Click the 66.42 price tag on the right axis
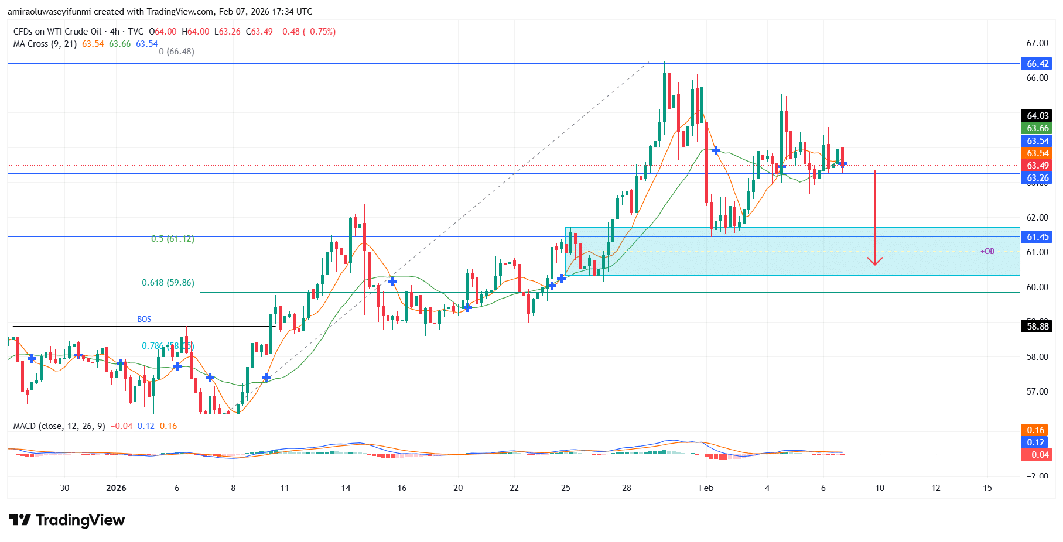tap(1037, 63)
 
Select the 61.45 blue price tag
tap(1037, 236)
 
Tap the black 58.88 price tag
tap(1037, 326)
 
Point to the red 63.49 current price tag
tap(1037, 166)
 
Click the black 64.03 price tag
tap(1037, 115)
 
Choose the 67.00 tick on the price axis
tap(1037, 43)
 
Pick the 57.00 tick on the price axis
tap(1037, 391)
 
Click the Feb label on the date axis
tap(706, 488)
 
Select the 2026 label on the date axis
tap(116, 488)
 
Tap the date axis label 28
tap(627, 488)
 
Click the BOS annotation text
tap(144, 319)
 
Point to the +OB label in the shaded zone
tap(987, 251)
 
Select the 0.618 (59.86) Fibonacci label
tap(168, 283)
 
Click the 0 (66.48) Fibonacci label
tap(176, 52)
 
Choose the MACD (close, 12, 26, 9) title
tap(59, 426)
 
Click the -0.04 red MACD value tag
tap(1037, 455)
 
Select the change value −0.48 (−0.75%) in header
tap(307, 32)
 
